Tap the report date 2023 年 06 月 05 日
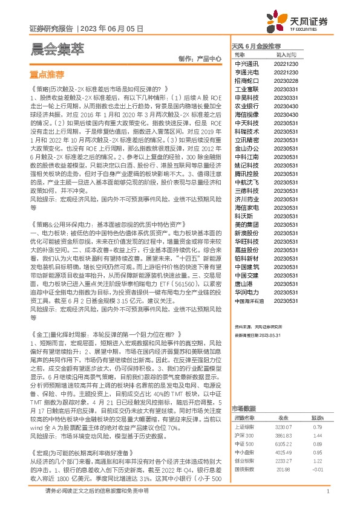112,28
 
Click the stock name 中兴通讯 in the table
247,63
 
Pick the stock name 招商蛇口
247,80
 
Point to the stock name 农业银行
247,105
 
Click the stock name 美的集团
247,224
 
